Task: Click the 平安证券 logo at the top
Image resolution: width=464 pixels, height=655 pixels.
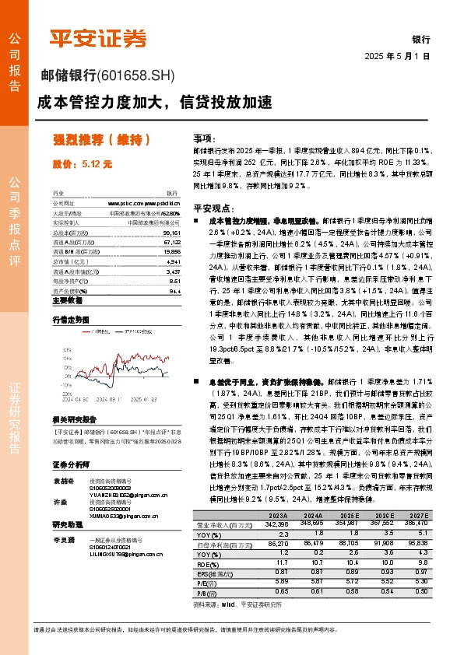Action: coord(97,37)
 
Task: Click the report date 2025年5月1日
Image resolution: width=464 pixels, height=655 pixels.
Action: coord(397,56)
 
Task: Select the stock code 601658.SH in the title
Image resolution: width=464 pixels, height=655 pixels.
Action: coord(138,76)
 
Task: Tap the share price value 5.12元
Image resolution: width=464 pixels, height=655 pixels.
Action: coord(83,164)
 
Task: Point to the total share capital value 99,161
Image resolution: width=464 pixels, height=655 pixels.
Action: coord(172,233)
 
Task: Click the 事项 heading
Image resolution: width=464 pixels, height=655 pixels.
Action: coord(203,136)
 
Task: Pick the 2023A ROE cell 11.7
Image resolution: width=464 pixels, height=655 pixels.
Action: coord(277,561)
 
